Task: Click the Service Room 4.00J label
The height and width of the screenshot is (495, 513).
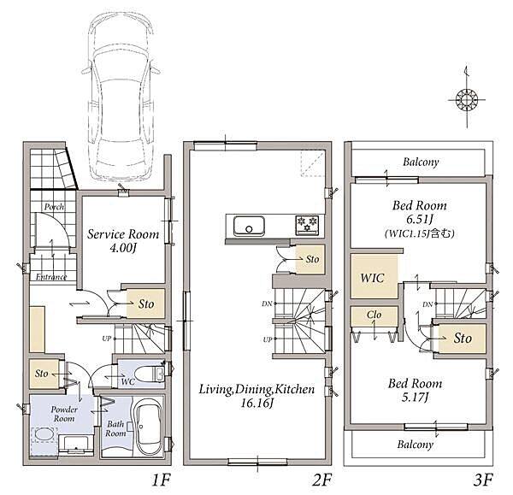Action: click(123, 241)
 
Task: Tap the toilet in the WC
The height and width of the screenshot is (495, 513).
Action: click(149, 374)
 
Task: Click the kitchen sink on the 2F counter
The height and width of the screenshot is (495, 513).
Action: click(249, 226)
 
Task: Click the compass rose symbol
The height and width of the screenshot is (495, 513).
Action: click(467, 99)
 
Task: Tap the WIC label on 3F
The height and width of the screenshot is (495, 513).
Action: click(372, 278)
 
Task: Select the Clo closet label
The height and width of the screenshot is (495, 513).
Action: click(374, 315)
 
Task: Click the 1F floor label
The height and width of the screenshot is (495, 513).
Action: click(162, 480)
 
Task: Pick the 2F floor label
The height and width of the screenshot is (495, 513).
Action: click(322, 480)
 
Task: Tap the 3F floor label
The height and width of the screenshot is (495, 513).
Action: click(483, 480)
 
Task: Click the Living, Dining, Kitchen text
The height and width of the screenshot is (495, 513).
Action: click(256, 389)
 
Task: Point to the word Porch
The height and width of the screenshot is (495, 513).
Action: click(54, 207)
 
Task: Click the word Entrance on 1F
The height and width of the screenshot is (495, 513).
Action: click(51, 277)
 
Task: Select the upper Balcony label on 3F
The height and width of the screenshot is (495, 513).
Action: click(421, 162)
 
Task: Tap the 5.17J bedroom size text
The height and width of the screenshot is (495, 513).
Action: click(415, 398)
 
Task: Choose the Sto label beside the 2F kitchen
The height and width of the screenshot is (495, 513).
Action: click(312, 259)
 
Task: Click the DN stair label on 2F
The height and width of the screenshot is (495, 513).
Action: click(267, 303)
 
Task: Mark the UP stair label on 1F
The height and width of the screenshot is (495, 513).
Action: click(107, 339)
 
